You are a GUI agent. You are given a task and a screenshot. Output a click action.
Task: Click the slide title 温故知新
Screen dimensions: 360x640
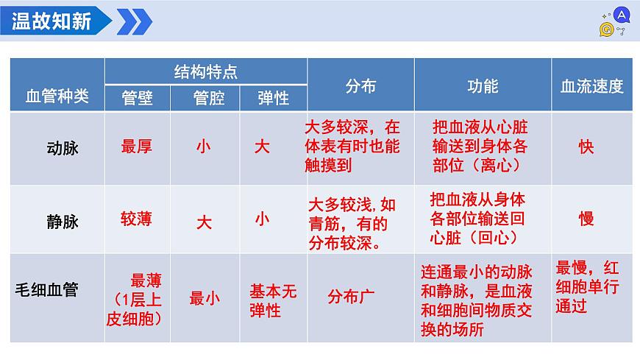(x=51, y=21)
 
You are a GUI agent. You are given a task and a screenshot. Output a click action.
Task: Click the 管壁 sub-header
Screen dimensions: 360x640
(x=137, y=98)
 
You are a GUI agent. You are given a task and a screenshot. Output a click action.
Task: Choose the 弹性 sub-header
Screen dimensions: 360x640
(x=273, y=98)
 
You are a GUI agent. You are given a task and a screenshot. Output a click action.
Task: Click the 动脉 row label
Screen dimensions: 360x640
(x=62, y=147)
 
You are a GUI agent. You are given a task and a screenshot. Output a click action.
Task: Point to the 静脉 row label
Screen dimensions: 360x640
(x=62, y=221)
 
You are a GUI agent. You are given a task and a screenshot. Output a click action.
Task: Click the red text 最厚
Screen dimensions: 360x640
(x=137, y=147)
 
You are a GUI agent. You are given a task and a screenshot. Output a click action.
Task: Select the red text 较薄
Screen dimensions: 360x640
(x=137, y=218)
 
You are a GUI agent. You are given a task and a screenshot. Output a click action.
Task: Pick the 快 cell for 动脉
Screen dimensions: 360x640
(x=586, y=147)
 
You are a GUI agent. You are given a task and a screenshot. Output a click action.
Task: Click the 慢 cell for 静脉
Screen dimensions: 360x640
(x=586, y=218)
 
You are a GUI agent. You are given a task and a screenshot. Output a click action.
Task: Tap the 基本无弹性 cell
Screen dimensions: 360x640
(x=273, y=300)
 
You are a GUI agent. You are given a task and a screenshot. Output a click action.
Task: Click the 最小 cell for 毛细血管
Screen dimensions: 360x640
(x=205, y=298)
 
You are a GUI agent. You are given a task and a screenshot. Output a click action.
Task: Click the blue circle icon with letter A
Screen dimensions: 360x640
(x=622, y=14)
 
